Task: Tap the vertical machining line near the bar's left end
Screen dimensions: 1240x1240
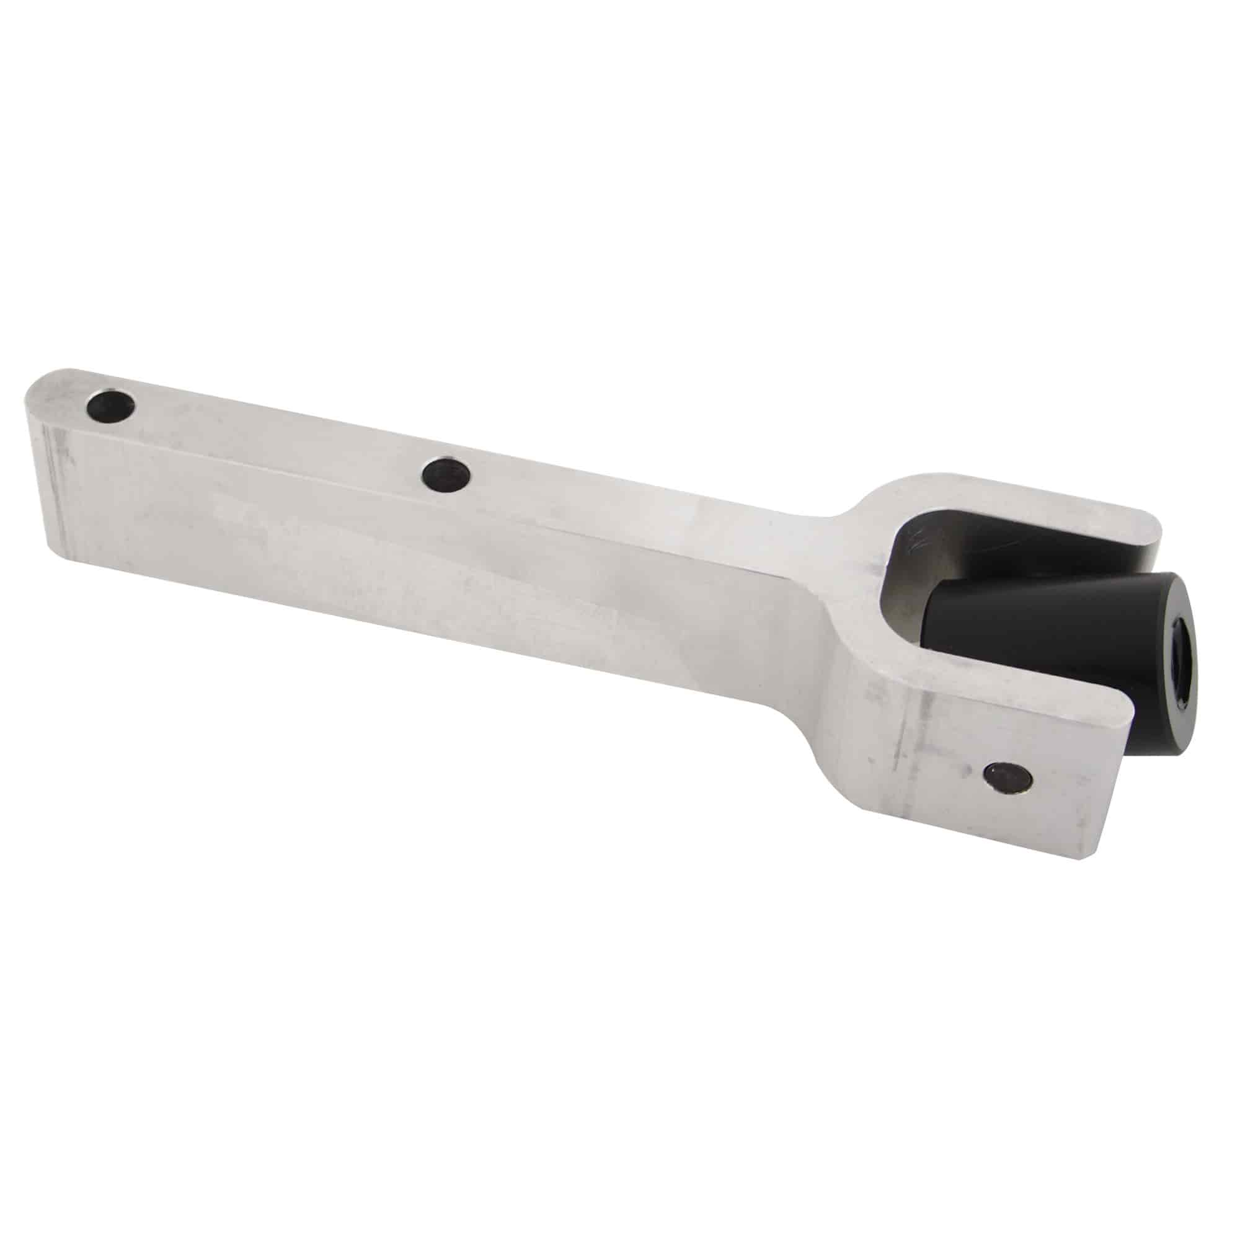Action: [x=58, y=488]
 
